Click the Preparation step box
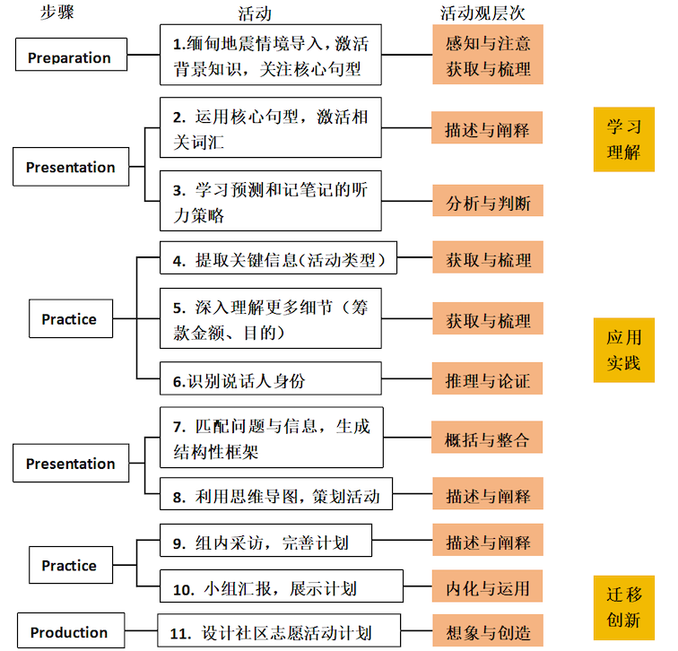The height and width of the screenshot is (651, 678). [72, 55]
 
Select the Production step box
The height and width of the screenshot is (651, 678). [71, 630]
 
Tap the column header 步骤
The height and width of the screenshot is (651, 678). [57, 12]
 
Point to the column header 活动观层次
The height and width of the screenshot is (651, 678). [482, 13]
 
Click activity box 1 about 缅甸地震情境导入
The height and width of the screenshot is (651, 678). [271, 55]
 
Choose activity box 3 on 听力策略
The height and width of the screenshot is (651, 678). [271, 201]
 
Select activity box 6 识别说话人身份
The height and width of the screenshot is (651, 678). [271, 378]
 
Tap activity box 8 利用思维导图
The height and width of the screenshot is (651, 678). [276, 494]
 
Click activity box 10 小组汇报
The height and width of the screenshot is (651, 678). [282, 586]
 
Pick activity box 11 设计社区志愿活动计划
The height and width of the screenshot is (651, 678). [279, 630]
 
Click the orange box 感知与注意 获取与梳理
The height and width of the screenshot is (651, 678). [488, 55]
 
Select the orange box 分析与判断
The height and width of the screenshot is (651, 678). [488, 201]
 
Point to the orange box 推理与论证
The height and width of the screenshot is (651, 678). [487, 378]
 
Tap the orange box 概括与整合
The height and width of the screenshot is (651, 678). [487, 438]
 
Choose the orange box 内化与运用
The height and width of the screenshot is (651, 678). [487, 586]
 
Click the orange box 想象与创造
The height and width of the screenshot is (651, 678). [488, 630]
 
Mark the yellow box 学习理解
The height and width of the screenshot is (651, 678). [624, 139]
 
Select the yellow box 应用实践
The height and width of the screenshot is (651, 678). [624, 350]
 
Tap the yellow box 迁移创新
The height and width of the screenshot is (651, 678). [624, 608]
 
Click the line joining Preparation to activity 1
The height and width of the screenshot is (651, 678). [143, 55]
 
